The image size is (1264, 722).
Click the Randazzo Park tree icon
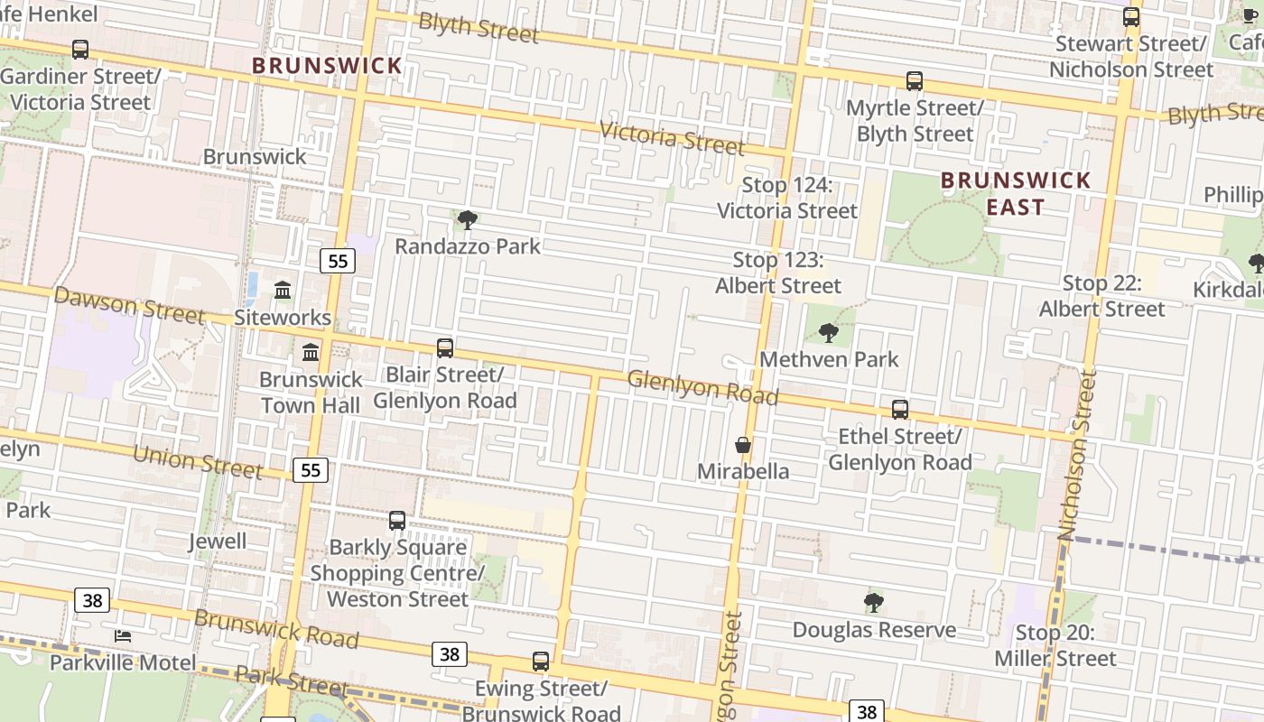468,219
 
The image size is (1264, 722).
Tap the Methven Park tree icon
828,333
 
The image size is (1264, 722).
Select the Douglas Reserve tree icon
873,603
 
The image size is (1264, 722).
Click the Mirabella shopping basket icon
743,445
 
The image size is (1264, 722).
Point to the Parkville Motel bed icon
123,636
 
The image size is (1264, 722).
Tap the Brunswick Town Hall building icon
311,352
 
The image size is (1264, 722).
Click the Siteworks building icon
283,291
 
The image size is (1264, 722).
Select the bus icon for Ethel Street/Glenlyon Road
900,410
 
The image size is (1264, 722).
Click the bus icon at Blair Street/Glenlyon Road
445,347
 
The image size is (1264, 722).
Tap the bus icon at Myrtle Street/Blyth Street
915,81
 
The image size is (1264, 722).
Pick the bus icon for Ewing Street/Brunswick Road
541,662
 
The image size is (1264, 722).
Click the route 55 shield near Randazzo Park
338,262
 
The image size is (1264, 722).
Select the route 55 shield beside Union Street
311,469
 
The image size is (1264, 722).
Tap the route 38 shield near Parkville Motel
92,600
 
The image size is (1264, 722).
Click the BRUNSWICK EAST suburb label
1016,193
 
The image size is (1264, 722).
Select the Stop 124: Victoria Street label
786,198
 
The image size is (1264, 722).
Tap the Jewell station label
217,541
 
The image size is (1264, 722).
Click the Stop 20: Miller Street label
1055,646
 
